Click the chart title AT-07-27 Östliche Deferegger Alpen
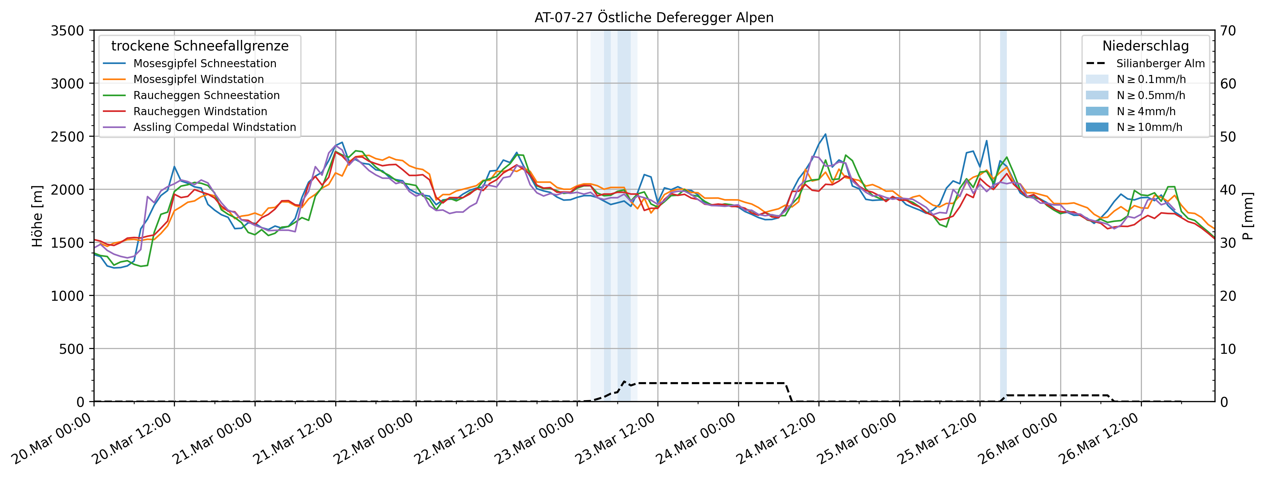pos(654,18)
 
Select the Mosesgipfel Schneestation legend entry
pos(204,63)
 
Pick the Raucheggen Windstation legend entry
pos(200,112)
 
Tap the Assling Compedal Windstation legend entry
pos(214,127)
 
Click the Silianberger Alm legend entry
pos(1160,63)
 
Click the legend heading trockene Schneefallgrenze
pos(200,46)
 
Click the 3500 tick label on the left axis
pos(67,31)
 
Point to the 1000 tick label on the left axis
pos(67,296)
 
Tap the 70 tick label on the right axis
pos(1228,31)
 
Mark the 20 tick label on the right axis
pos(1228,296)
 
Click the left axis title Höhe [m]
pos(37,216)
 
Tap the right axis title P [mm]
pos(1248,216)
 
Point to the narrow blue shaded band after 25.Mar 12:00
pos(1003,216)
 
